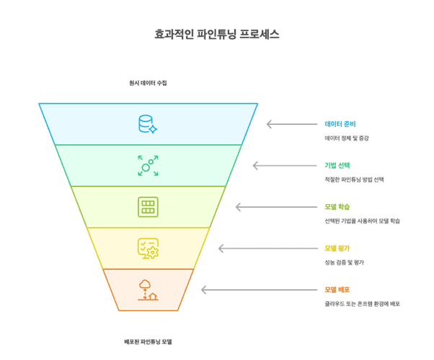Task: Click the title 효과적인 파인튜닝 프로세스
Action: tap(217, 34)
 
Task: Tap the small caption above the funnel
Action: tap(148, 83)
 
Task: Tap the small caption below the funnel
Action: tap(148, 341)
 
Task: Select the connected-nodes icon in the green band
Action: tap(148, 165)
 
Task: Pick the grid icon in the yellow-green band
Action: tap(148, 207)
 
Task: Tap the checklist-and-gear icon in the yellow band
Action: tap(148, 248)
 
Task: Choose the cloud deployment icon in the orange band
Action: tap(148, 289)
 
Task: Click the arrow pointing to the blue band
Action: tap(291, 124)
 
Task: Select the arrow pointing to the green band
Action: tap(278, 165)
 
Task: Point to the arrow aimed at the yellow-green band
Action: tap(260, 207)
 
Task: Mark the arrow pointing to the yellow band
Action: tap(243, 248)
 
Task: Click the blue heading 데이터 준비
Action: tap(340, 124)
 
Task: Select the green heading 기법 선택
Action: tap(337, 165)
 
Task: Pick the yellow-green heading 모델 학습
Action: tap(337, 207)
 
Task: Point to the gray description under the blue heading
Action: tap(347, 138)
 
